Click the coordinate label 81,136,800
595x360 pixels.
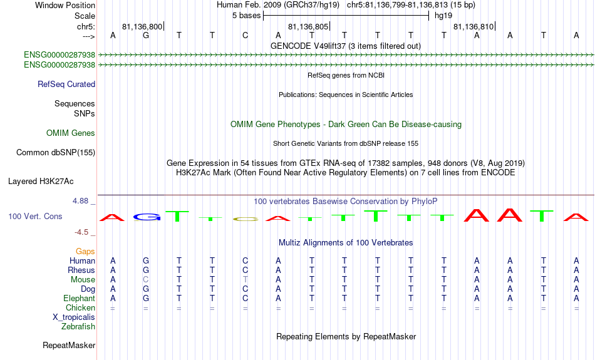coord(142,26)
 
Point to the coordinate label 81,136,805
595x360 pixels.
coord(308,26)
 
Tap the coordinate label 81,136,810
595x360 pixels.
coord(473,26)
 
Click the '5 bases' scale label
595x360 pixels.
coord(247,16)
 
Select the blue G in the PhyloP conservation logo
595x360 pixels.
coord(147,217)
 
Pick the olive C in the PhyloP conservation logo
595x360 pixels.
coord(245,219)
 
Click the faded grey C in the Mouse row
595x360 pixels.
coord(146,280)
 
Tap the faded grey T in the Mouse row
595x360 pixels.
coord(245,280)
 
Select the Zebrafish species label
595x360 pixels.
coord(78,327)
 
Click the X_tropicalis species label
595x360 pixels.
coord(74,317)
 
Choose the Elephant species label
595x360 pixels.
coord(80,299)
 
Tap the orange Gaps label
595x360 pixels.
coord(85,252)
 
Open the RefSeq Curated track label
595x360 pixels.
coord(66,85)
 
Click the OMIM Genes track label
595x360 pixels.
coord(71,133)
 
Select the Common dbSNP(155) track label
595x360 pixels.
coord(56,153)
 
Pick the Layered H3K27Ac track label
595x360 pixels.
coord(41,182)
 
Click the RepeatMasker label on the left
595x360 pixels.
coord(69,345)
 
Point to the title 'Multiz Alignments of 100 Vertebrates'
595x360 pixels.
coord(346,243)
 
